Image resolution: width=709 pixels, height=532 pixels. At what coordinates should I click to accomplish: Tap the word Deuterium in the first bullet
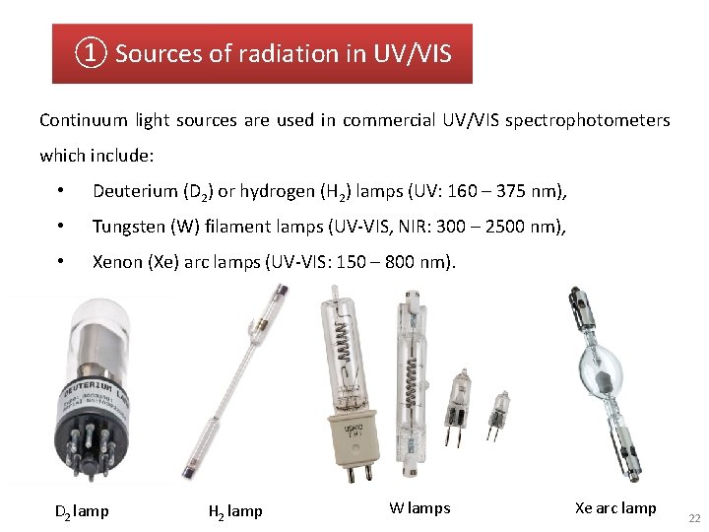pos(130,191)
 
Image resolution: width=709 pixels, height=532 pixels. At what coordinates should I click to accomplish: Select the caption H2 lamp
pos(235,510)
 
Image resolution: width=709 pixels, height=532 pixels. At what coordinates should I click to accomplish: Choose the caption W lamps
pos(419,508)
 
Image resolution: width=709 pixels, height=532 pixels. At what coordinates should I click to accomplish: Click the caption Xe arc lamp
pos(615,508)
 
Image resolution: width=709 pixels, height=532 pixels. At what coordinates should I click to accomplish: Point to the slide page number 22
pos(694,518)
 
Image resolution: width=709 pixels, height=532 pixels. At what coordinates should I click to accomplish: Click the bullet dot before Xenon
pos(61,262)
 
